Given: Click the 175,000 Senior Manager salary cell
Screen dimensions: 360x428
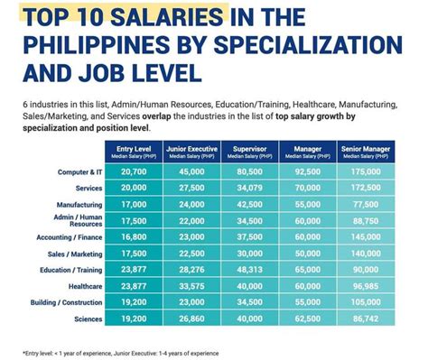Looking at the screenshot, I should click(x=372, y=171).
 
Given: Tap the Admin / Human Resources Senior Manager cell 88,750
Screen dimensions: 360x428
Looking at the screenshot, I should click(x=372, y=221).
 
